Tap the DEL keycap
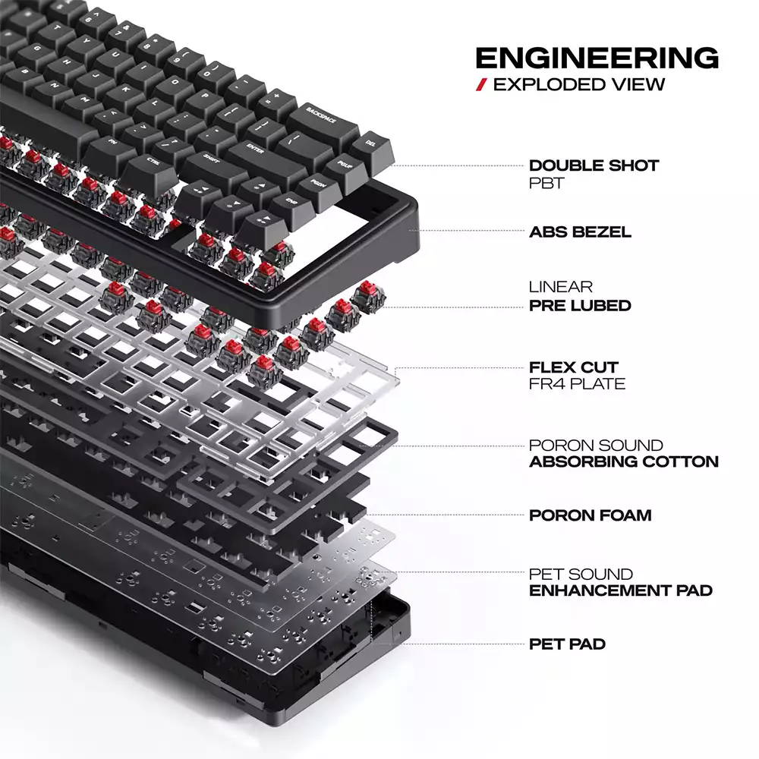pyautogui.click(x=373, y=150)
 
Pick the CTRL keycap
pyautogui.click(x=152, y=170)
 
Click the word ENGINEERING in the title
pyautogui.click(x=597, y=58)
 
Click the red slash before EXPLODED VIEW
pyautogui.click(x=481, y=85)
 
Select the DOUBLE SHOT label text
pyautogui.click(x=594, y=165)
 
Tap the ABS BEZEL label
pyautogui.click(x=580, y=231)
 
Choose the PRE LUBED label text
pyautogui.click(x=580, y=305)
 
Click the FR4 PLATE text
pyautogui.click(x=577, y=384)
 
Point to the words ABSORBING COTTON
pyautogui.click(x=624, y=461)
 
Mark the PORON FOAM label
pyautogui.click(x=590, y=515)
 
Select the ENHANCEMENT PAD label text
pyautogui.click(x=621, y=591)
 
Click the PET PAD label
pyautogui.click(x=567, y=644)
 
